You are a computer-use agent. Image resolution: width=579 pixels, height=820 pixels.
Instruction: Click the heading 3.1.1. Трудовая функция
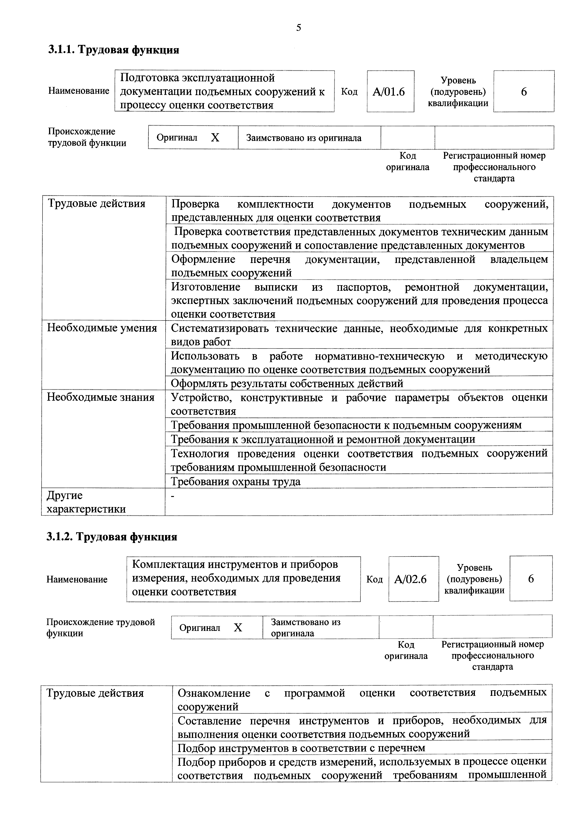(113, 50)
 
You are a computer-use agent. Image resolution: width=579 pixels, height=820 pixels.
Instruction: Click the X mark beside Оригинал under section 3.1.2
(238, 627)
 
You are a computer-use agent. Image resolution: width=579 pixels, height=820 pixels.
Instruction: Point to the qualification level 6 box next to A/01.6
(523, 92)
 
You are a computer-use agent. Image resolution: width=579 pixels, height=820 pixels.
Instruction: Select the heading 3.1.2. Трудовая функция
(112, 537)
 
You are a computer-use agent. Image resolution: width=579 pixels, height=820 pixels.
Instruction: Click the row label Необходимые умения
(102, 328)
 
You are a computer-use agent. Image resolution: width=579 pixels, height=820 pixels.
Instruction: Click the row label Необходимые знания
(101, 397)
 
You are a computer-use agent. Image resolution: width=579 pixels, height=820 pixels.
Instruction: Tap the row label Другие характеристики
(86, 502)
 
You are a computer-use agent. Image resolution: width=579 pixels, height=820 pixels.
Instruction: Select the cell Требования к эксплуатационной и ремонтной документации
(323, 439)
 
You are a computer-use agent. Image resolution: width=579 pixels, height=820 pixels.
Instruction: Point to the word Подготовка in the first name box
(149, 78)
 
